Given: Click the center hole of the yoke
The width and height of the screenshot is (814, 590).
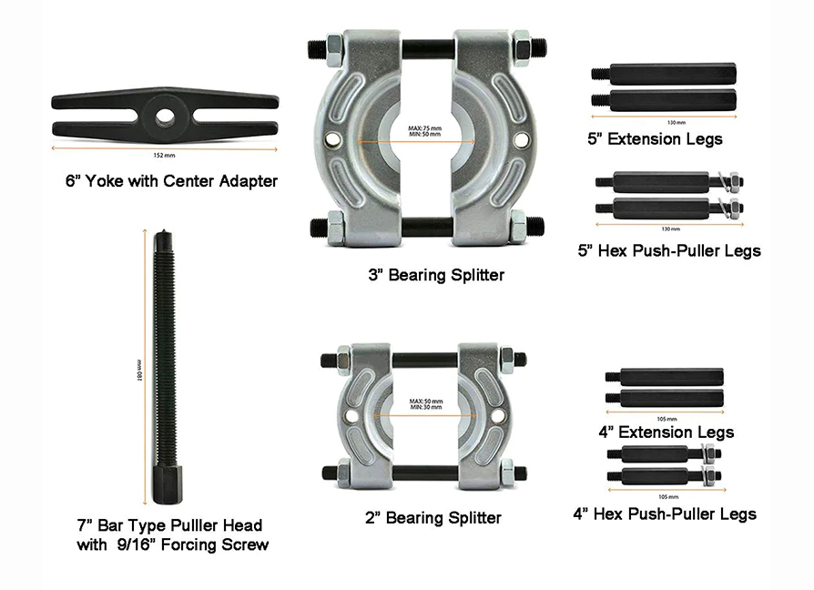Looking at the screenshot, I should tap(165, 116).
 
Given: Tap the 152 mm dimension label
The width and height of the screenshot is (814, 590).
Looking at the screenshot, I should tap(165, 155).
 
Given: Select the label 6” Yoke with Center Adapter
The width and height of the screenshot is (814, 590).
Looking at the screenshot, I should tap(171, 181).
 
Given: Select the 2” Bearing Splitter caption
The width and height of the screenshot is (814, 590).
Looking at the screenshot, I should tap(432, 518).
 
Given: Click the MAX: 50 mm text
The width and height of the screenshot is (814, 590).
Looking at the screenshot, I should tap(425, 401).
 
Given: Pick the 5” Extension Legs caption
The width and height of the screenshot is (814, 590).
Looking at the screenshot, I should tap(655, 139).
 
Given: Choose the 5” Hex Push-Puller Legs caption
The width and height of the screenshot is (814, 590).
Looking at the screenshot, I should tap(669, 250).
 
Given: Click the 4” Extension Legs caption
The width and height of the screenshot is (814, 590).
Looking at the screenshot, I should tap(666, 432).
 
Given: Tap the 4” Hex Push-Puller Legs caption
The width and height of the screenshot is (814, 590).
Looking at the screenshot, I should tap(665, 514).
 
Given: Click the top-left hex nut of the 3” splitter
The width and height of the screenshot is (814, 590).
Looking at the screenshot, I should tap(334, 43).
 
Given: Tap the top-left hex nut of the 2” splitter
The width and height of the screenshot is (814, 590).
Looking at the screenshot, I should tap(343, 359).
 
